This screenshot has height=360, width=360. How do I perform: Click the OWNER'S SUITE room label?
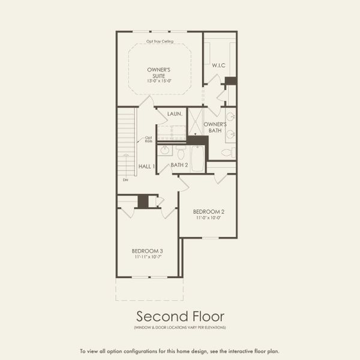(x=158, y=72)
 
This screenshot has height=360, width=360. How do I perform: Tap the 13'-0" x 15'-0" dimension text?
(x=158, y=80)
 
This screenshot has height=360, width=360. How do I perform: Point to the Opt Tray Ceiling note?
(x=159, y=41)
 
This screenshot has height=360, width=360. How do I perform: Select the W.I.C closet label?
(x=218, y=65)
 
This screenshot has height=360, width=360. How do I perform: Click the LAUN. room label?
(x=175, y=113)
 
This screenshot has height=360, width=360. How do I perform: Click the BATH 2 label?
(x=179, y=165)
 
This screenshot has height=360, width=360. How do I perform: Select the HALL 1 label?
(x=147, y=166)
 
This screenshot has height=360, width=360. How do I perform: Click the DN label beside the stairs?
(x=125, y=179)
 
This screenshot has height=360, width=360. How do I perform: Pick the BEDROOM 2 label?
(x=209, y=212)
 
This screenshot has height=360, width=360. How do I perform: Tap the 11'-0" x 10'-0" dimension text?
(x=209, y=218)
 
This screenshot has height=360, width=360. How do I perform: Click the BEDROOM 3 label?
(x=148, y=250)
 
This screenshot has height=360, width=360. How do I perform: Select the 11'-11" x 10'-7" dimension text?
(x=148, y=257)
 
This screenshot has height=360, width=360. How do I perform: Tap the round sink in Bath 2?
(x=166, y=150)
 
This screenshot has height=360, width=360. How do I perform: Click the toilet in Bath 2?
(x=180, y=150)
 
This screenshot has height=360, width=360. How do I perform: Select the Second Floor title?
(x=179, y=316)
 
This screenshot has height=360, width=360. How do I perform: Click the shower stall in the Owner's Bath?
(x=196, y=122)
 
